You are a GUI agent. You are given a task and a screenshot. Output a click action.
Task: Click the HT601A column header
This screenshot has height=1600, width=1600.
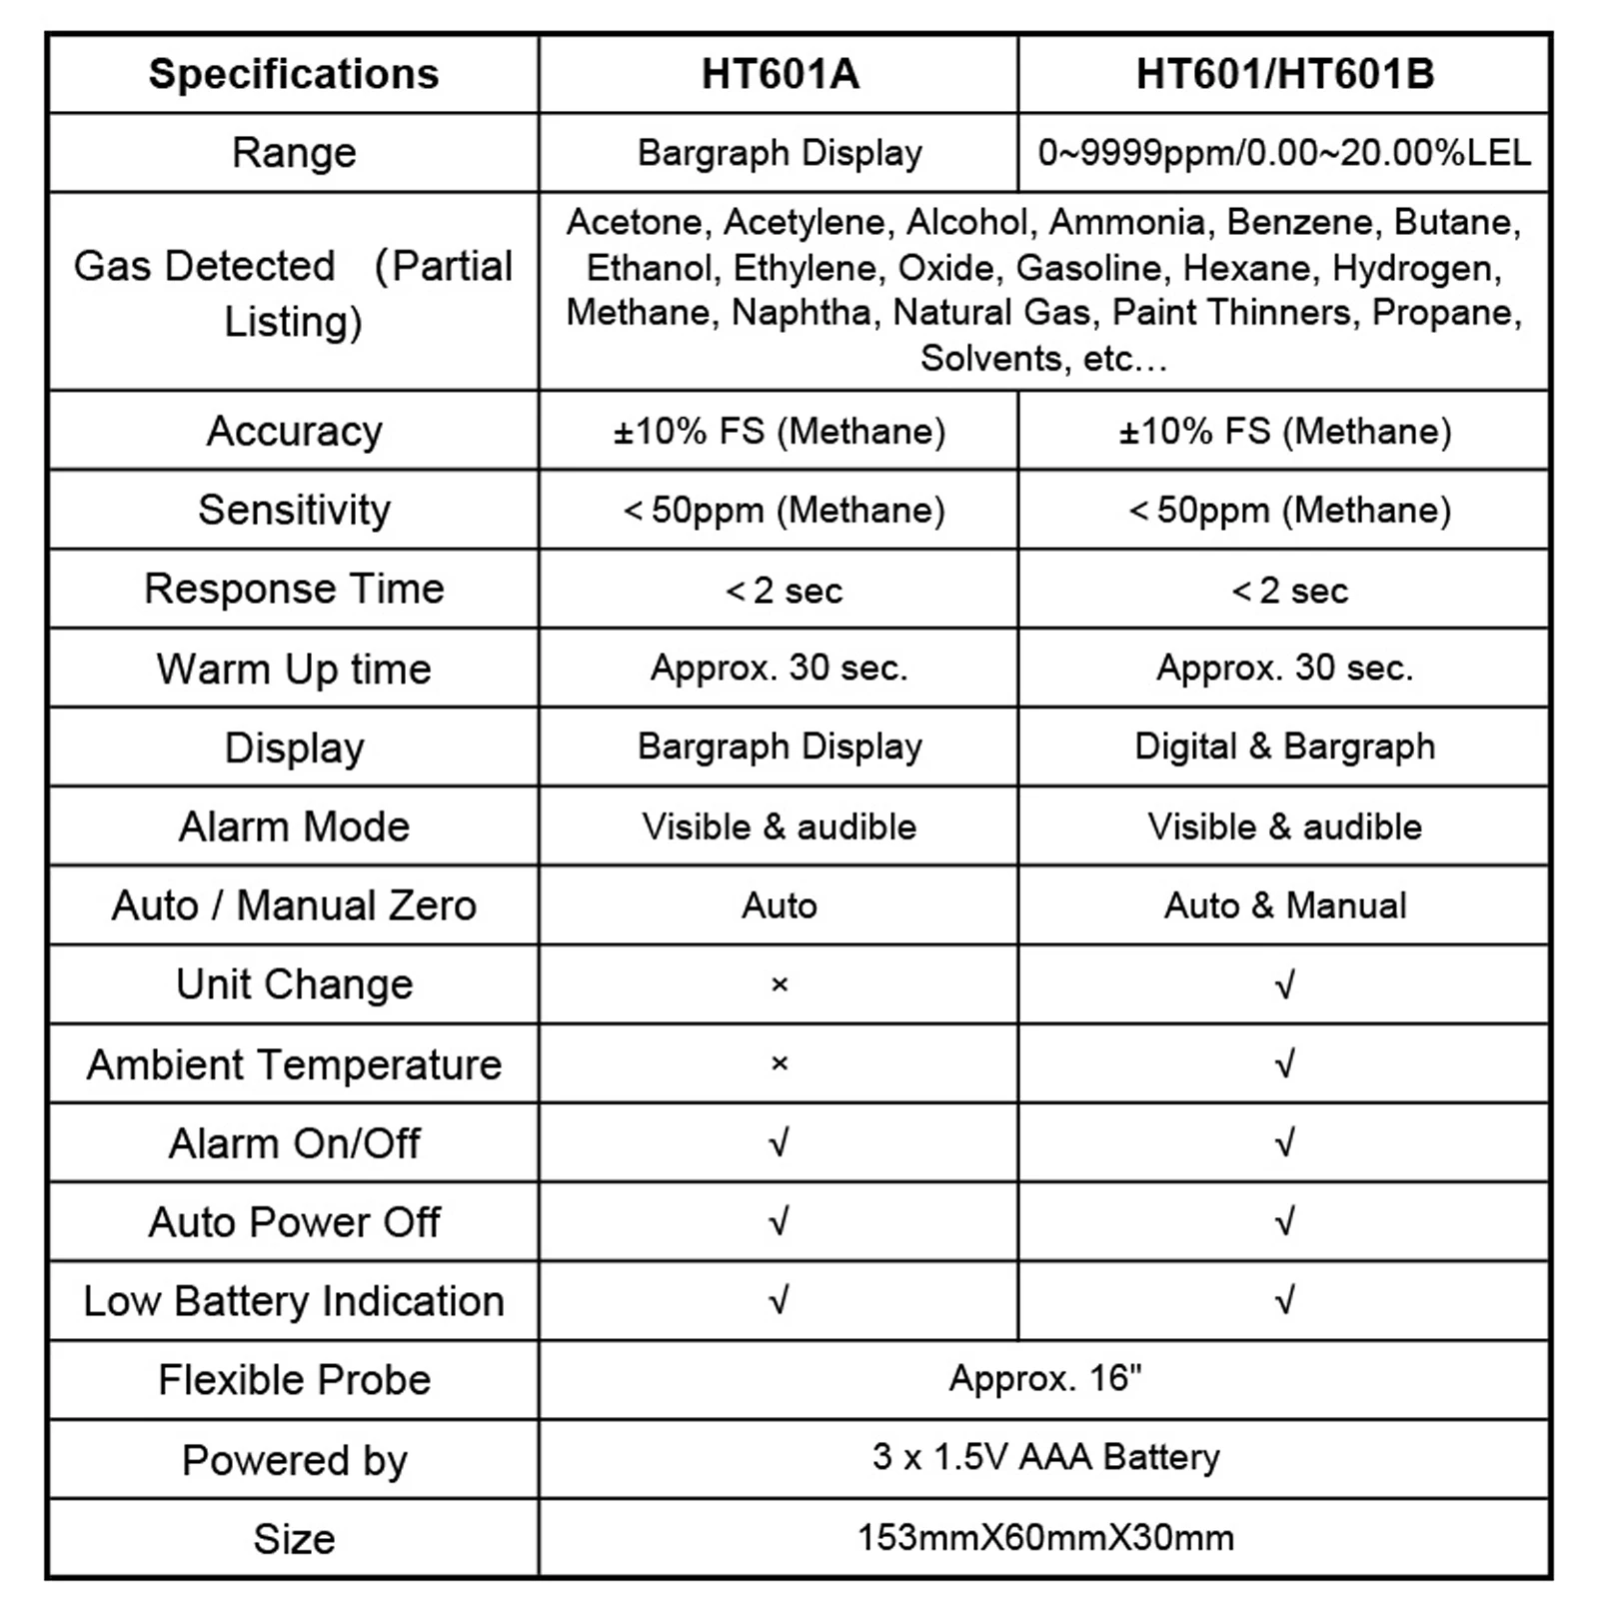(x=780, y=74)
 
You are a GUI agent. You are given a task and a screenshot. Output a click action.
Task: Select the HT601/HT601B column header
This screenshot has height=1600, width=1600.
(x=1285, y=74)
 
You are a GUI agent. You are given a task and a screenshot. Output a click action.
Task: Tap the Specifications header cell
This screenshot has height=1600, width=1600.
(x=294, y=74)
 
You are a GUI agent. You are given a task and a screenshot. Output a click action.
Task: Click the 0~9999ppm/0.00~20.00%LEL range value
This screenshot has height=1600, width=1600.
(x=1284, y=153)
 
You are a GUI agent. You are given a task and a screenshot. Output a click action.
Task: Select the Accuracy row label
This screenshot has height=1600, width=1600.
(x=294, y=432)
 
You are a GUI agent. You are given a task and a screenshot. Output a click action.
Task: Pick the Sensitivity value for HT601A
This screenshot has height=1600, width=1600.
(x=784, y=511)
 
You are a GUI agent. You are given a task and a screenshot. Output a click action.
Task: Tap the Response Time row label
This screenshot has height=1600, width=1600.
(x=294, y=589)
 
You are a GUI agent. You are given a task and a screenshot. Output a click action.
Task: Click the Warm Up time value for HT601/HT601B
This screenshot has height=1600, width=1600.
(x=1284, y=668)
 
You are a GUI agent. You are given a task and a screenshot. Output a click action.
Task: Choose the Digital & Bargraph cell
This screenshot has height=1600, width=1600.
(x=1284, y=747)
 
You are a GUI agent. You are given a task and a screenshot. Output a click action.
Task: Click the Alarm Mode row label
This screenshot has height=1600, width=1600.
(x=294, y=826)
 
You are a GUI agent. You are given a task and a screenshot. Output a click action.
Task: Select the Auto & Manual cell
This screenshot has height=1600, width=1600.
(x=1284, y=905)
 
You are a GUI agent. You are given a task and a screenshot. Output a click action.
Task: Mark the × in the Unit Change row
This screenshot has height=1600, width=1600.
(x=780, y=984)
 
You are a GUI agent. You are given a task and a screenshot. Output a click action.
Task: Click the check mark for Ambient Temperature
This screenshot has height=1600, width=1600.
(x=1284, y=1063)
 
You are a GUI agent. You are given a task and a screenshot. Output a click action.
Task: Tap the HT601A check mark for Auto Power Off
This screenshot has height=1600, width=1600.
(x=780, y=1221)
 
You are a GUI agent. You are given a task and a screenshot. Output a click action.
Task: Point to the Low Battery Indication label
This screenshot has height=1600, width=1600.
(x=294, y=1301)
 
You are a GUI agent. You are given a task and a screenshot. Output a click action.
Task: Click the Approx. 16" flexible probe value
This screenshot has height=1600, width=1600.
(x=1044, y=1379)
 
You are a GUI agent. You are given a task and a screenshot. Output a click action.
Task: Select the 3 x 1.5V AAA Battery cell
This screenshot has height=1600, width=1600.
(x=1044, y=1458)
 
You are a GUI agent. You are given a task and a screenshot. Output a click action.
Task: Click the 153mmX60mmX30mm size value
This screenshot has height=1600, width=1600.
(x=1044, y=1537)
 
